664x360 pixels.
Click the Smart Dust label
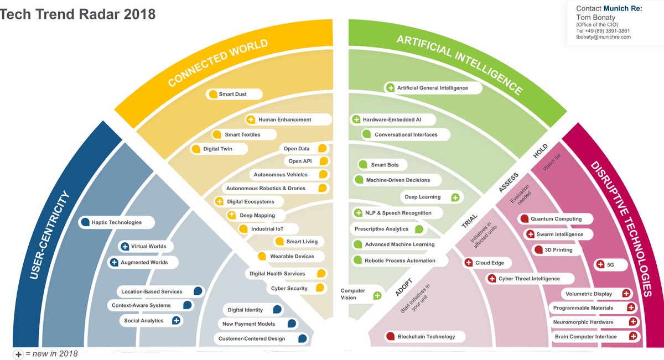(232, 95)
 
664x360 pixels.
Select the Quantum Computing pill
(556, 219)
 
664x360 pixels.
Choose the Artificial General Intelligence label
(432, 88)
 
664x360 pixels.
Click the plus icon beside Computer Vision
(377, 295)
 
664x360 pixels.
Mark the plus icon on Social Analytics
(176, 320)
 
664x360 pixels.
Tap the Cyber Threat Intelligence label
(529, 279)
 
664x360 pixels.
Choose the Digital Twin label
(217, 149)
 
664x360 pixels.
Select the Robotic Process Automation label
(400, 260)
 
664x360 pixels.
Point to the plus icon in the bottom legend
(18, 354)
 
